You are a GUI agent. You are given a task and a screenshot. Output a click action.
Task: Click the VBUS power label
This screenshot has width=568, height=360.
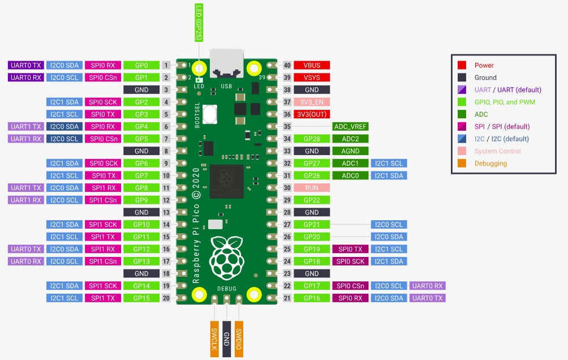pyautogui.click(x=312, y=65)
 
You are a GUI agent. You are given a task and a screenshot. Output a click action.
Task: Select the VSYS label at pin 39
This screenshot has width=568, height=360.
pyautogui.click(x=312, y=78)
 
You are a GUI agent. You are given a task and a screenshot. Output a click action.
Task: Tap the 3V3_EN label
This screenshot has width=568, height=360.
pyautogui.click(x=312, y=102)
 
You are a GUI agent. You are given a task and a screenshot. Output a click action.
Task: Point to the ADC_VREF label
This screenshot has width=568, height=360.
pyautogui.click(x=351, y=127)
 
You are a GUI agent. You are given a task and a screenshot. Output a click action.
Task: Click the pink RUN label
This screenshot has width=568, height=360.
pyautogui.click(x=312, y=188)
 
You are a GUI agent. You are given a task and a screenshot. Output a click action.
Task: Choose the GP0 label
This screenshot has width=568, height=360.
pyautogui.click(x=141, y=65)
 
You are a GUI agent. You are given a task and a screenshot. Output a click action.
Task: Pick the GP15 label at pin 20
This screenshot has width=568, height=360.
pyautogui.click(x=141, y=298)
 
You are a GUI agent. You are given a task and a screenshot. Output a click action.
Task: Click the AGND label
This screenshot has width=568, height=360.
pyautogui.click(x=351, y=151)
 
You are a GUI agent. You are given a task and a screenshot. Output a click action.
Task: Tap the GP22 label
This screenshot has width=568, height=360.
pyautogui.click(x=312, y=200)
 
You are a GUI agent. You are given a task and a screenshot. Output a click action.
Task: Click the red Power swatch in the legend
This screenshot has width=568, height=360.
pyautogui.click(x=462, y=65)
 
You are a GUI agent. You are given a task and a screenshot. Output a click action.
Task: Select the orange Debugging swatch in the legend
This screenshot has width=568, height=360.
pyautogui.click(x=462, y=164)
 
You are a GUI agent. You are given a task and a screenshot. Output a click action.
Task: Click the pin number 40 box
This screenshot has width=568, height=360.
pyautogui.click(x=287, y=65)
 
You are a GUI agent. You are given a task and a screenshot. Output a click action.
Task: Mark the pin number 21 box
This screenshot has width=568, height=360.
pyautogui.click(x=287, y=298)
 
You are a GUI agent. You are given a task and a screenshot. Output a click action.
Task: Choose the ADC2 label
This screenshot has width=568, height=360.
pyautogui.click(x=351, y=139)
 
